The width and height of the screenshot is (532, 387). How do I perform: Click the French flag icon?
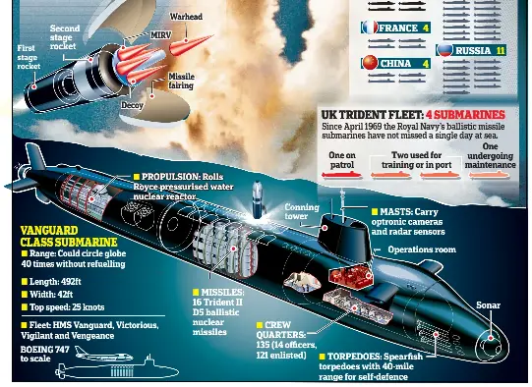370,28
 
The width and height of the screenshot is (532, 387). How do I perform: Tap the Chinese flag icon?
370,63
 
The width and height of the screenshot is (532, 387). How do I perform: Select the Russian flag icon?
444,50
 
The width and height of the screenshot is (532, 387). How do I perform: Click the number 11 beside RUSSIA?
501,51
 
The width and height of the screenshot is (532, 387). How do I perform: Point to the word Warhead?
186,17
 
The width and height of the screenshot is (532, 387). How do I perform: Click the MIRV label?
161,35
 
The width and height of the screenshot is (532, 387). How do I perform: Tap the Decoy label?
132,105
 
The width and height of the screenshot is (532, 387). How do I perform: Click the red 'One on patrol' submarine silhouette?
342,175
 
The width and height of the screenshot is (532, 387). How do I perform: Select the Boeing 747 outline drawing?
103,355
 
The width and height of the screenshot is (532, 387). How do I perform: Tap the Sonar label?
488,305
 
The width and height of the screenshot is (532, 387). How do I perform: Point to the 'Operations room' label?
422,249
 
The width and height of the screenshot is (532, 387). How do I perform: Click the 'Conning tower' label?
301,211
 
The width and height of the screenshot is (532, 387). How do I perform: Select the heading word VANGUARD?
49,231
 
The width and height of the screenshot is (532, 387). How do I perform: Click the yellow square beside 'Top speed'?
25,307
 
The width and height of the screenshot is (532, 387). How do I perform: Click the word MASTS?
392,212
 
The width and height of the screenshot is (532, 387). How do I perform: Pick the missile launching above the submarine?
258,199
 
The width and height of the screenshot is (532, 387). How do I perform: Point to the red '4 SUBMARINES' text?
465,115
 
